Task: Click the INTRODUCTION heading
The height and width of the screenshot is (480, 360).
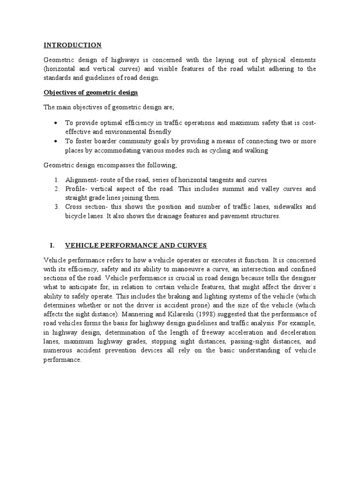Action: (72, 45)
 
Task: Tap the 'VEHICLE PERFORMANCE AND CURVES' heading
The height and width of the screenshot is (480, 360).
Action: (135, 246)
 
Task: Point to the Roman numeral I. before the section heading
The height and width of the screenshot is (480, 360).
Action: (52, 246)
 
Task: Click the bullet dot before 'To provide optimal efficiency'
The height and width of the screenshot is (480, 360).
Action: (56, 123)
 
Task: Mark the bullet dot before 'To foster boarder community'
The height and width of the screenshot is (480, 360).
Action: (56, 142)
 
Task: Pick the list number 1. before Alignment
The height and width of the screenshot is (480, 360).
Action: (56, 180)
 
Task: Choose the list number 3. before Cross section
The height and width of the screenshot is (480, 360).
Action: (56, 207)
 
